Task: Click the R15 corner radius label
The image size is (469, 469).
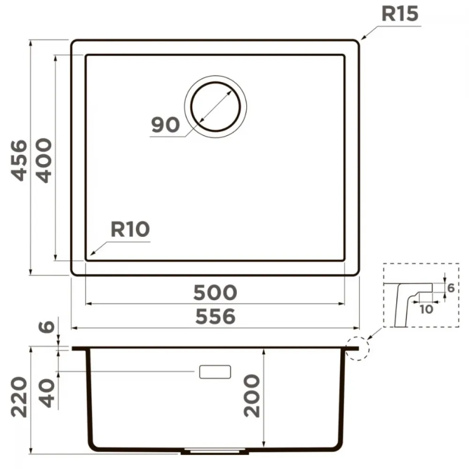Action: [400, 14]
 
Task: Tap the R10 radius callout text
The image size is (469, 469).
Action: [130, 229]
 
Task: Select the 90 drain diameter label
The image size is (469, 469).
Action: [166, 125]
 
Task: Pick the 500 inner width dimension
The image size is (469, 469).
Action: [215, 293]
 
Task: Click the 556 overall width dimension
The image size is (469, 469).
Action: [215, 317]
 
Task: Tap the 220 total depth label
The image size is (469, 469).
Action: [19, 397]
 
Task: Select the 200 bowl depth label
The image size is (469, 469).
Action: [252, 395]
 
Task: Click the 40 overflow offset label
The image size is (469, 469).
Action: [48, 393]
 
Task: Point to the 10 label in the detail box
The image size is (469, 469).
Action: [426, 309]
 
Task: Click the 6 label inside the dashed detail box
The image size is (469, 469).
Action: [451, 288]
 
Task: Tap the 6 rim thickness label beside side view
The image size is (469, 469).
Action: [46, 326]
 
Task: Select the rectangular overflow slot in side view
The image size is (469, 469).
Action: [215, 372]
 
